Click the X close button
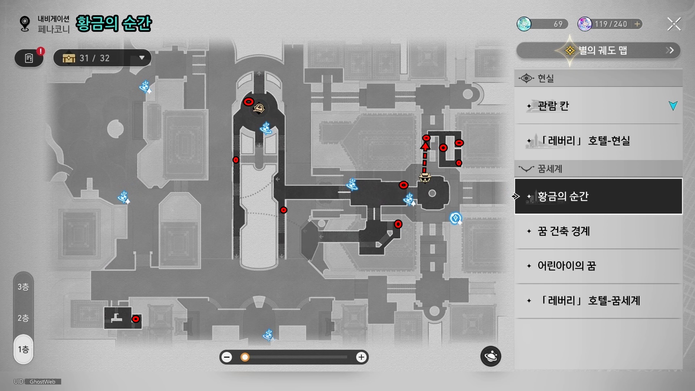click(674, 24)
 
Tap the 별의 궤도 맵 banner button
click(598, 50)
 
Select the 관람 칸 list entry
click(598, 106)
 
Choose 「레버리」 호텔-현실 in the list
click(598, 140)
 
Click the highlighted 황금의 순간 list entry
click(598, 196)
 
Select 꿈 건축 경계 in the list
click(598, 231)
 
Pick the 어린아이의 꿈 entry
click(598, 266)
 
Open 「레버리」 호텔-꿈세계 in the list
click(598, 300)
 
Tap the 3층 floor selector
click(24, 287)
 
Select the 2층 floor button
click(24, 318)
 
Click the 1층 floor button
click(24, 349)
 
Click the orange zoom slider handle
click(245, 357)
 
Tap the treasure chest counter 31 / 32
click(102, 58)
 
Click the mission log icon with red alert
click(29, 58)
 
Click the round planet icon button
click(490, 356)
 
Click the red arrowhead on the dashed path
click(425, 146)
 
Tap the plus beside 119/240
click(637, 24)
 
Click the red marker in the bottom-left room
click(136, 319)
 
